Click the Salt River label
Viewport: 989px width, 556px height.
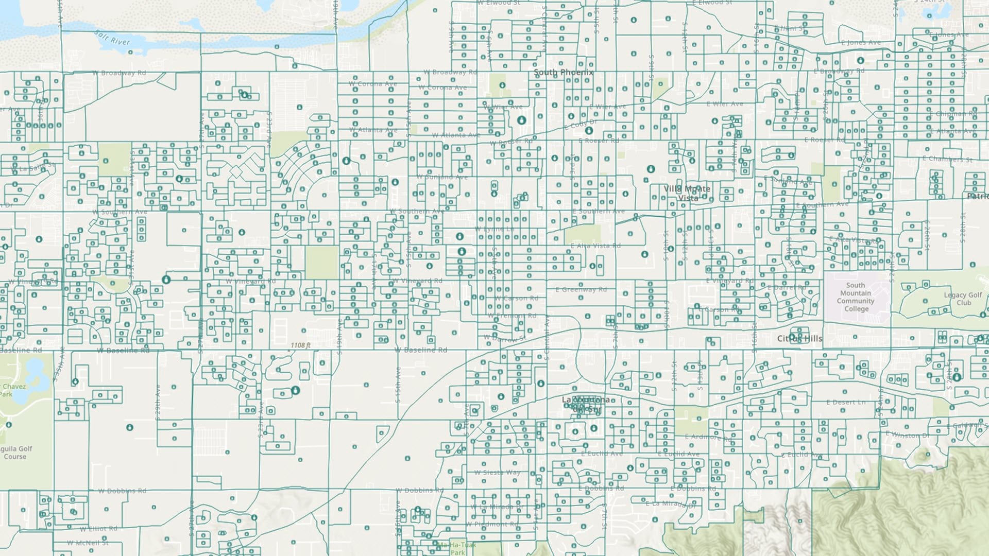(x=113, y=38)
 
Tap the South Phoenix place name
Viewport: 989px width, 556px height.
(x=563, y=73)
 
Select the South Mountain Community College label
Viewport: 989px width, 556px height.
(x=856, y=297)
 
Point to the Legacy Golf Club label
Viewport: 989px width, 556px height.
(x=963, y=299)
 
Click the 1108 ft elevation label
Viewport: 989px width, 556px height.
(x=300, y=345)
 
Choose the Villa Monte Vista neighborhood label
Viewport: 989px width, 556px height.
(x=687, y=193)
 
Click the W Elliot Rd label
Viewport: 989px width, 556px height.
(x=98, y=529)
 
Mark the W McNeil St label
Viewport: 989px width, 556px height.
(x=88, y=543)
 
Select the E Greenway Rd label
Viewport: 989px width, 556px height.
(x=581, y=289)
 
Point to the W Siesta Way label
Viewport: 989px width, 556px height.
(x=497, y=473)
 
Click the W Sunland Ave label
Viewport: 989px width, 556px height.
(x=442, y=177)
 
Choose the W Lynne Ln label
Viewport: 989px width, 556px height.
(x=494, y=229)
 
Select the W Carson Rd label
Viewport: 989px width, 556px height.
(x=516, y=298)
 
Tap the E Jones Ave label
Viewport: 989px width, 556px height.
(x=861, y=43)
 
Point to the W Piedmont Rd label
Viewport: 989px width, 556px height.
(x=492, y=524)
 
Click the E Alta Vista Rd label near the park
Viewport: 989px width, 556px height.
(x=595, y=246)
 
